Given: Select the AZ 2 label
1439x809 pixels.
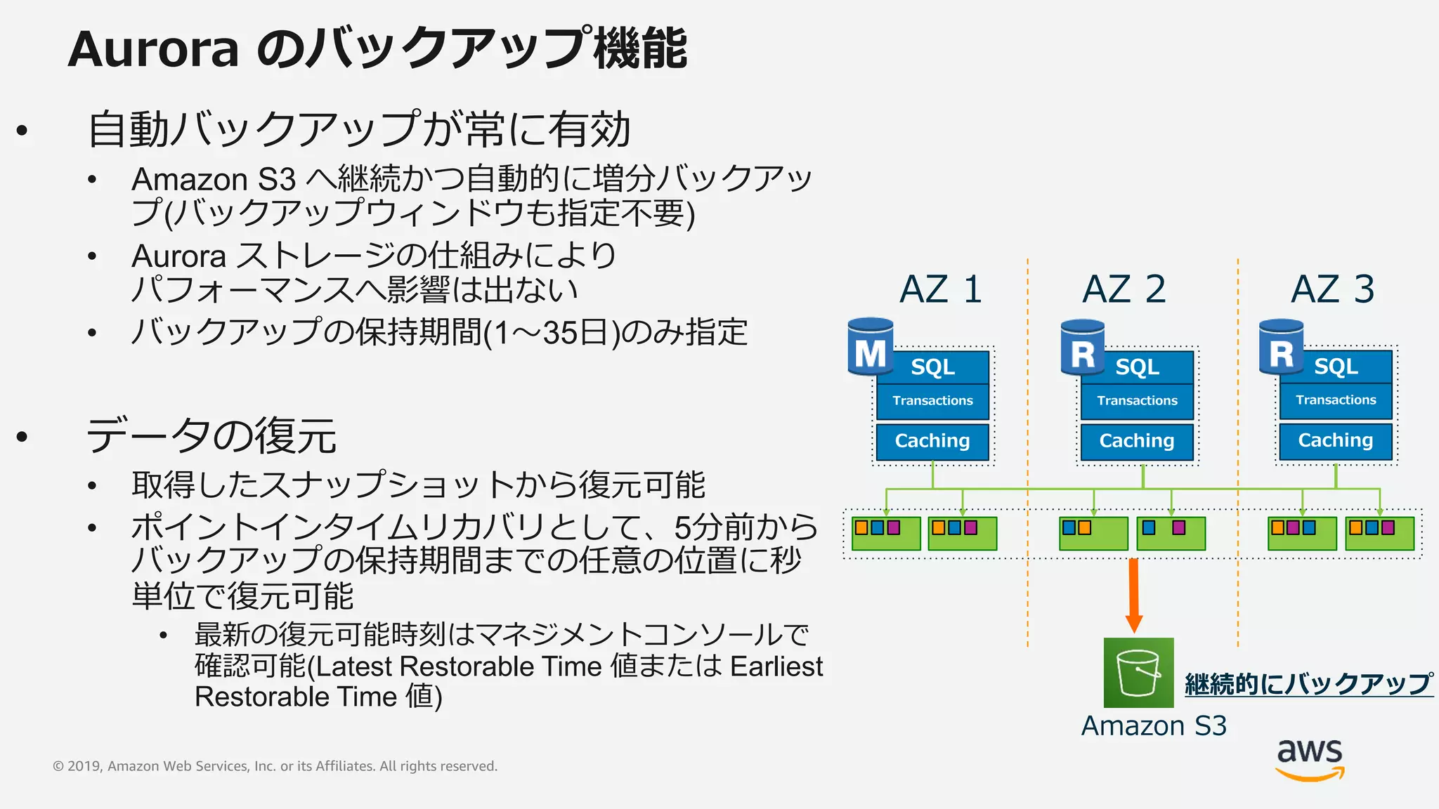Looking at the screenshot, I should [1124, 289].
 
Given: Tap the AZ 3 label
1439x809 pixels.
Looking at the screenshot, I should [1332, 289].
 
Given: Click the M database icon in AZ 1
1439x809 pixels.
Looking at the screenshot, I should [870, 348].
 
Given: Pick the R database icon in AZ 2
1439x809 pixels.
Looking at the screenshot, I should [1082, 348].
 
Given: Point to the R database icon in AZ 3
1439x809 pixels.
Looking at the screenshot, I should [1281, 348].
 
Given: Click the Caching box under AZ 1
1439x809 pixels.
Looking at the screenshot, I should [932, 441].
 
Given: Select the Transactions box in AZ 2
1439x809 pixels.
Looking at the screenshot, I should [1137, 401].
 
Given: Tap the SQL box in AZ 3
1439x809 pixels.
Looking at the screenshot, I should [1336, 367].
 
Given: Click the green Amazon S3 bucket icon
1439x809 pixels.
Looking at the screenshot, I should [1138, 672].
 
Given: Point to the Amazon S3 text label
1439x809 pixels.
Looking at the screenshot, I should [1154, 725].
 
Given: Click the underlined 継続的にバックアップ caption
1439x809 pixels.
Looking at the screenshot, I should [1308, 683].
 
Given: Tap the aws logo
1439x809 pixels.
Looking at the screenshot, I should [1310, 758].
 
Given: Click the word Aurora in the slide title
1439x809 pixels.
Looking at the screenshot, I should [153, 49].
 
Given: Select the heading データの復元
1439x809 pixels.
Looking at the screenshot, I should [211, 435].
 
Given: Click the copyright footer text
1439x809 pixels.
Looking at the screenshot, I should [275, 766].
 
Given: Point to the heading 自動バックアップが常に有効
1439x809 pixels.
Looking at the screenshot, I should [358, 130].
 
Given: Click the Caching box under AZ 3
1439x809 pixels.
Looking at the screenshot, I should [1335, 440].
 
